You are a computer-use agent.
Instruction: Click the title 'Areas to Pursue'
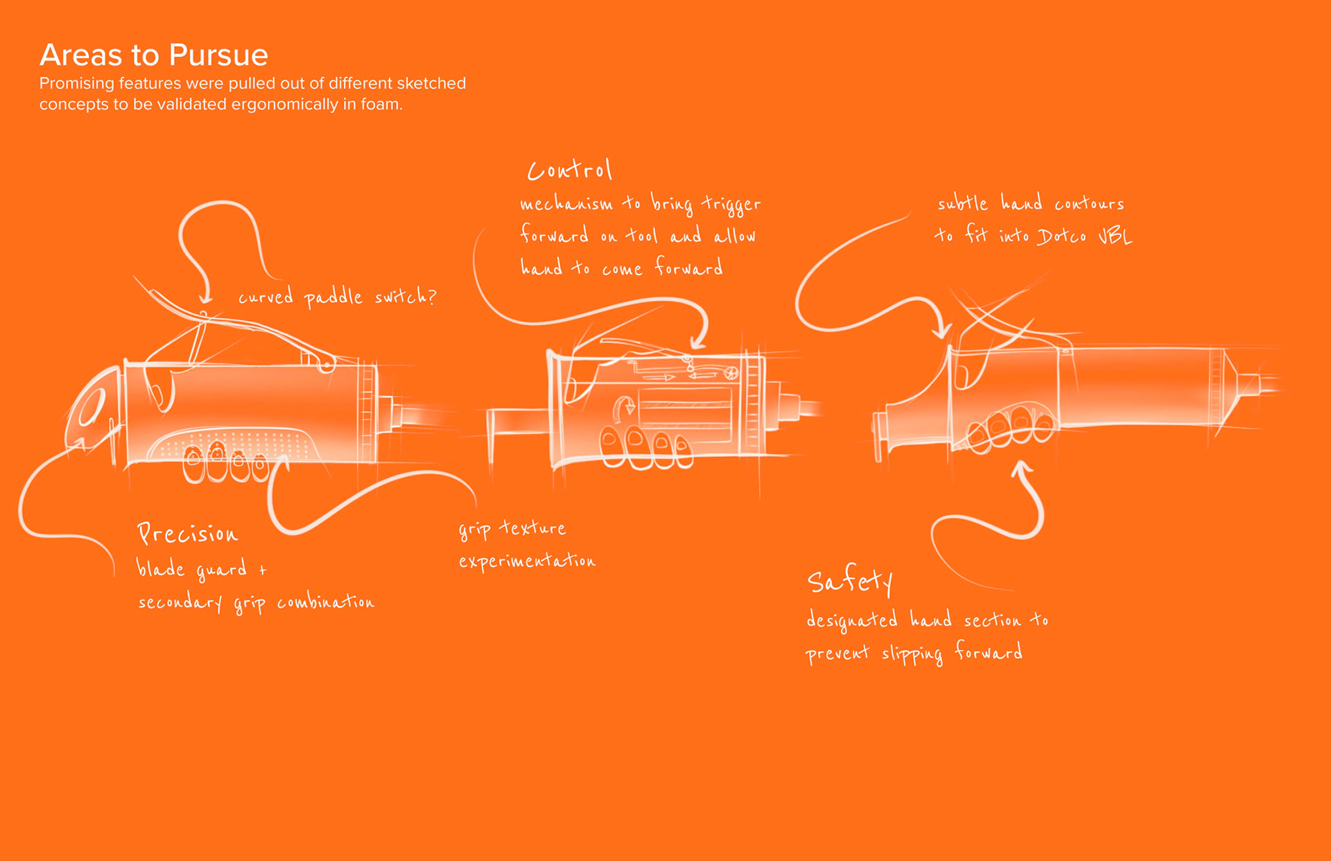pos(153,55)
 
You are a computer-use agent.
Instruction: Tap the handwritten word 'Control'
pos(569,170)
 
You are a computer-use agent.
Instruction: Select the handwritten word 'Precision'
pos(187,533)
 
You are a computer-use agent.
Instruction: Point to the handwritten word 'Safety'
pos(850,581)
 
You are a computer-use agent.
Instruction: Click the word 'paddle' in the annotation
pos(333,297)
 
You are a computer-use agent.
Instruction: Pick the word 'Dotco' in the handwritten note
pos(1061,236)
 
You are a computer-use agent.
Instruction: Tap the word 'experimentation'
pos(527,561)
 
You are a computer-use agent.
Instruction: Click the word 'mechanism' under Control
pos(566,204)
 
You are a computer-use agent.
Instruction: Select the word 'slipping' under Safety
pos(912,654)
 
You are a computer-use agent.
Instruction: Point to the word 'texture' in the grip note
pos(532,528)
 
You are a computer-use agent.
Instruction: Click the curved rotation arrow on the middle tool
pos(625,408)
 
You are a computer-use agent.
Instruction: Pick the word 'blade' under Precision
pos(160,568)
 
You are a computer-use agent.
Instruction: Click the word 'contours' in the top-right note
pos(1089,204)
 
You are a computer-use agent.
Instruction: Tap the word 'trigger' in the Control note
pos(731,205)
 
